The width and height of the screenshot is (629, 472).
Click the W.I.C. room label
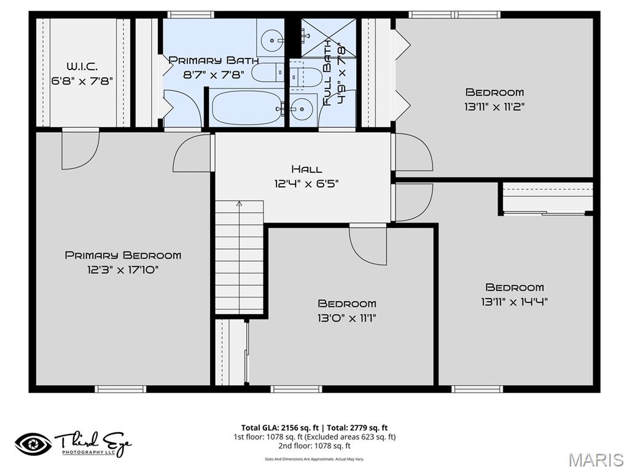coord(82,66)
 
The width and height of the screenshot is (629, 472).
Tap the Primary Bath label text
coord(214,60)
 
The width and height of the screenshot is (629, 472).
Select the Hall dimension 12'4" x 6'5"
coord(307,183)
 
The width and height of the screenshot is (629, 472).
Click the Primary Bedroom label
coord(123,255)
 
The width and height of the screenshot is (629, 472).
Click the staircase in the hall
coord(239,258)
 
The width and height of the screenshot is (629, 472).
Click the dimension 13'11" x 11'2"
coord(494,106)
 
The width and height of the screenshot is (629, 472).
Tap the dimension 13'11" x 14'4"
coord(515,301)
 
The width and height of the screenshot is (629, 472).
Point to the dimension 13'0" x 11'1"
coord(347,318)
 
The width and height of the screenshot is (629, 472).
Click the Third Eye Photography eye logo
coord(33,444)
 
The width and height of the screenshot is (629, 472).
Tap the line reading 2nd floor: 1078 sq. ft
coord(314,446)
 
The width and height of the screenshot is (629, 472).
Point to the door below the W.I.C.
coord(80,149)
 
